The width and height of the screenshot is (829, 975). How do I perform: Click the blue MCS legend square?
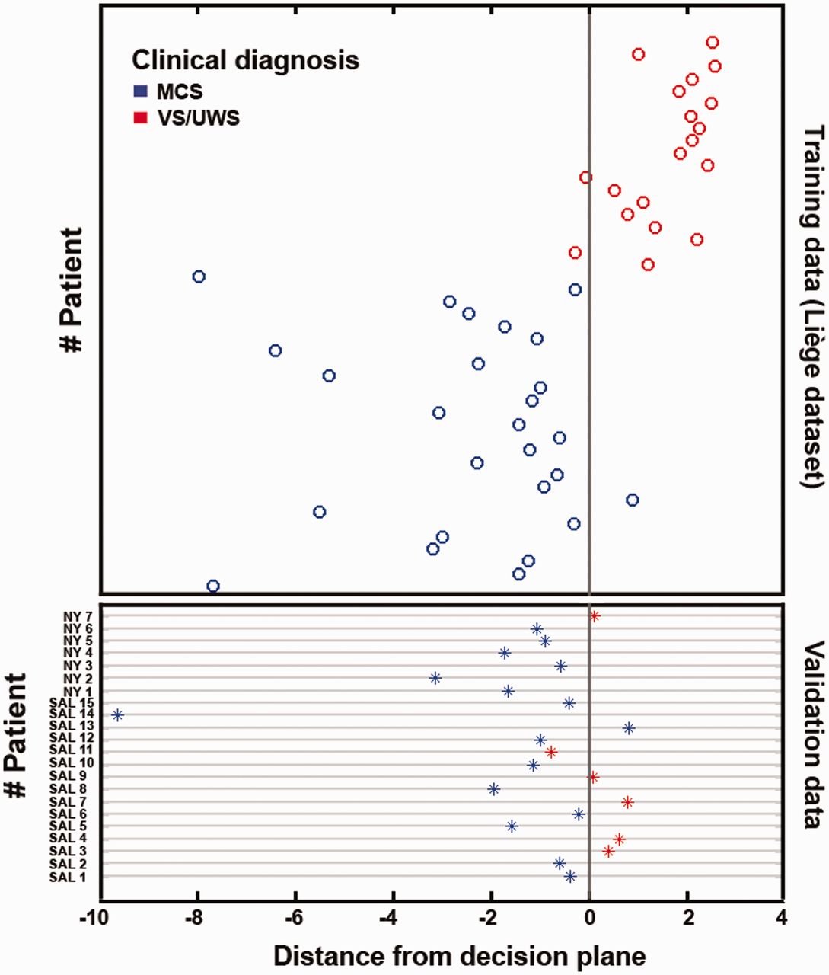tap(140, 91)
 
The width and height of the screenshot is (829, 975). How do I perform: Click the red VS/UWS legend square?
tap(140, 118)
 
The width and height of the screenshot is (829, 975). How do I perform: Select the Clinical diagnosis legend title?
tap(244, 59)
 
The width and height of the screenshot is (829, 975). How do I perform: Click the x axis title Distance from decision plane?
tap(459, 957)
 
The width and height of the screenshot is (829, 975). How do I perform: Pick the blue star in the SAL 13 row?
tap(629, 728)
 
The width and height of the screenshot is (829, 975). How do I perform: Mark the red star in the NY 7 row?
tap(595, 616)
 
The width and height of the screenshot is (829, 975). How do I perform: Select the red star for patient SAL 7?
tap(627, 802)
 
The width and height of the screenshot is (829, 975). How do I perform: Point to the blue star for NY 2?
tap(435, 678)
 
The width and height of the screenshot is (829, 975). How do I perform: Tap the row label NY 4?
tap(78, 653)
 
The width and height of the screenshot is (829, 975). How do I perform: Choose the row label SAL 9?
tap(73, 776)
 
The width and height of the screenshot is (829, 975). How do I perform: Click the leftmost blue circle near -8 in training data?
tap(199, 277)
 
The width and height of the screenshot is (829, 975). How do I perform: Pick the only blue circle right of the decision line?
tap(632, 500)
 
